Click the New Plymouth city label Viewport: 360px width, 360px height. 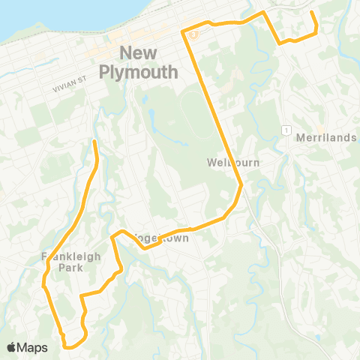149,62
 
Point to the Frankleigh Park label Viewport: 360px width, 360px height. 70,261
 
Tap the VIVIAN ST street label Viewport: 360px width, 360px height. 76,88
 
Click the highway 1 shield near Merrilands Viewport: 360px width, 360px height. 286,130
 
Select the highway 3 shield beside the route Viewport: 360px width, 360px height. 193,34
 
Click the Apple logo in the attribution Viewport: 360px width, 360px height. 12,347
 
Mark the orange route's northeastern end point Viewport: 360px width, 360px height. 311,11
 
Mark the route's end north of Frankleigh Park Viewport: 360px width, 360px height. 94,141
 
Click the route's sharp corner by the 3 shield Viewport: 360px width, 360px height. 183,31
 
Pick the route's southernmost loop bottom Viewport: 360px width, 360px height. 72,347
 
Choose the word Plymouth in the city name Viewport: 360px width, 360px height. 149,72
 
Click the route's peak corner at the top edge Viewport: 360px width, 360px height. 263,13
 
